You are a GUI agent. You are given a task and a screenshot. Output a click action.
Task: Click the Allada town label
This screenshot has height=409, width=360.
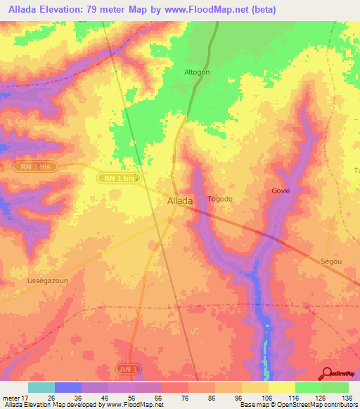point(180,201)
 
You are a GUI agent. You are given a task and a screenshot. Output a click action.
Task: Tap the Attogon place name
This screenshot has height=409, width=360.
point(197,72)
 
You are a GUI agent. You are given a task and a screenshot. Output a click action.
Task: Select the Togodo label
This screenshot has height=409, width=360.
point(219,199)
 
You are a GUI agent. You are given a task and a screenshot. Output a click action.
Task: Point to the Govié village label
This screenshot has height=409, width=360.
point(281,190)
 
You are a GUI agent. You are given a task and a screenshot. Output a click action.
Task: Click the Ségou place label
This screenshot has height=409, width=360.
point(330,261)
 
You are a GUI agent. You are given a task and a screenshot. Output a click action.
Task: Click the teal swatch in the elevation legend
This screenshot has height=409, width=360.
point(41,387)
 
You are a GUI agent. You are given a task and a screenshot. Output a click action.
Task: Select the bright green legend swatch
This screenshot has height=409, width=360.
point(309,387)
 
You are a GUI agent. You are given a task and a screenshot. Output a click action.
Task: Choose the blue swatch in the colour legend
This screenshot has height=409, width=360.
point(67,387)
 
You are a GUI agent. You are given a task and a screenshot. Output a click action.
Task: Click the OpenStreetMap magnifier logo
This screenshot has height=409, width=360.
point(326,372)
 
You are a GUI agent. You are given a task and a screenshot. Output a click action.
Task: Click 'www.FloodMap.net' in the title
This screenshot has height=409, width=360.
point(215,10)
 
